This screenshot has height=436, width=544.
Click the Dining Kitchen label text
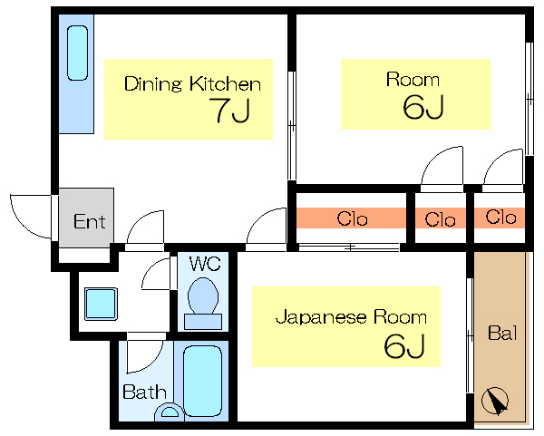tap(192, 84)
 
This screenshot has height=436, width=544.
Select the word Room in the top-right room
tap(413, 80)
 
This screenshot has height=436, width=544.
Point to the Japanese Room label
tap(351, 317)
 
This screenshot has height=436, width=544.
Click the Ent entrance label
tap(89, 221)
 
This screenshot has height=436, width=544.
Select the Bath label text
tap(144, 392)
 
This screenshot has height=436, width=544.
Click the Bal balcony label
tap(501, 333)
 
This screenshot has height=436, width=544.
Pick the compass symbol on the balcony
tap(497, 401)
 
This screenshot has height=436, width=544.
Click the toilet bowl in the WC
tap(203, 296)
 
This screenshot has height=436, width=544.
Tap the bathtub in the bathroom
tap(203, 379)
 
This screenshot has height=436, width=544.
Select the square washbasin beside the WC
tap(101, 304)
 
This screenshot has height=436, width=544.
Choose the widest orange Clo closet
tap(351, 218)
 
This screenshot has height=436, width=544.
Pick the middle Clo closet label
tap(440, 218)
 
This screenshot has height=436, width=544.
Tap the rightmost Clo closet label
tap(500, 218)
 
